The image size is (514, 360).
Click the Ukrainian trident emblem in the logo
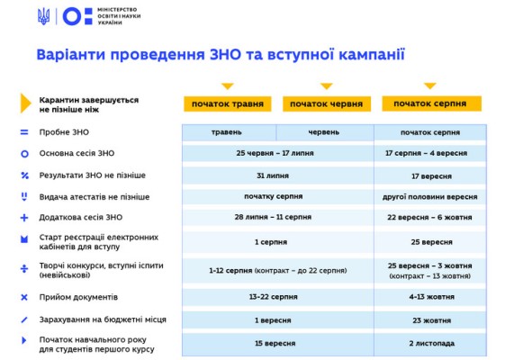[x=43, y=16]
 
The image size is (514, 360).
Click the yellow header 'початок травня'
[x=228, y=103]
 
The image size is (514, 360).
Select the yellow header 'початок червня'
[x=327, y=103]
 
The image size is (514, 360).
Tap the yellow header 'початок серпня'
[x=431, y=103]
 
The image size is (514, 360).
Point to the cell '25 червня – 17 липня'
[x=275, y=153]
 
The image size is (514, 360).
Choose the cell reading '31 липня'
[x=273, y=175]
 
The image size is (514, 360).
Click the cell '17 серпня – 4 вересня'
[x=426, y=153]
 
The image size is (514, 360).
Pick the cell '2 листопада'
[x=431, y=343]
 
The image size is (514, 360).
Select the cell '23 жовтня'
[x=431, y=320]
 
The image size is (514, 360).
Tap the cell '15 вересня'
[x=275, y=343]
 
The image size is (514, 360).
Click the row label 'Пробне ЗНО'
[x=64, y=132]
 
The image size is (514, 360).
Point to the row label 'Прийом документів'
[x=78, y=297]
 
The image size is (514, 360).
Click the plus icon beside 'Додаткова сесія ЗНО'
[x=24, y=218]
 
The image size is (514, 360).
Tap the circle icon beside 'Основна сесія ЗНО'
[x=24, y=149]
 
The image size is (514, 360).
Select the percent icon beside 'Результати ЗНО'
[x=24, y=175]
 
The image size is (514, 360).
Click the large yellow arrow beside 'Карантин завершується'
[x=25, y=103]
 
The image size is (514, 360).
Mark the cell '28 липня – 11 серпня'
[x=273, y=217]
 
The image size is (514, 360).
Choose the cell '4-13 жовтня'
[x=431, y=297]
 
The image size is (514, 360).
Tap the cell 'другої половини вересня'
[x=429, y=197]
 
